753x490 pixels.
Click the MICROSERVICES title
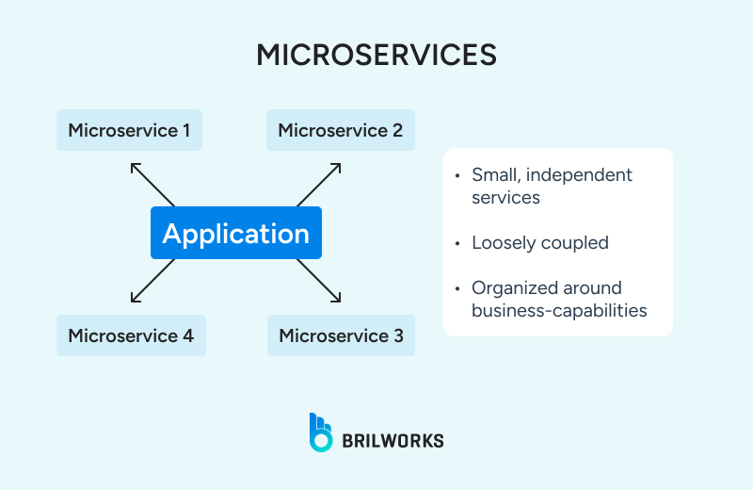coord(376,55)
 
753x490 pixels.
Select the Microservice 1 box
coord(129,130)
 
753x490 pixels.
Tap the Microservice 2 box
coord(340,130)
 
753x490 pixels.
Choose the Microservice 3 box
coord(341,335)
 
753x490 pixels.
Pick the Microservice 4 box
coord(131,335)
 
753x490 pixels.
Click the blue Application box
coord(236,233)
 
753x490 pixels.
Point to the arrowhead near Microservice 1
coord(134,166)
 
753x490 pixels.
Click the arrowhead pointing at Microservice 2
coord(337,166)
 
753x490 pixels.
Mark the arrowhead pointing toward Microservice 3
coord(337,299)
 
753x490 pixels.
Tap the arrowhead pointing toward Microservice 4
coord(135,299)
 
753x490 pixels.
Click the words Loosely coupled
coord(540,243)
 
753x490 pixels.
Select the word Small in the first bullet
coord(494,175)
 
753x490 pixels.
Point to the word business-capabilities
coord(559,310)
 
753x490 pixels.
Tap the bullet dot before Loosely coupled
coord(457,243)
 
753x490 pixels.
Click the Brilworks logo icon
coord(321,432)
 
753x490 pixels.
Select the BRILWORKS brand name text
coord(393,440)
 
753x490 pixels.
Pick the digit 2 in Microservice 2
coord(397,130)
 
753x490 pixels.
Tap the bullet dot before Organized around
coord(457,288)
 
